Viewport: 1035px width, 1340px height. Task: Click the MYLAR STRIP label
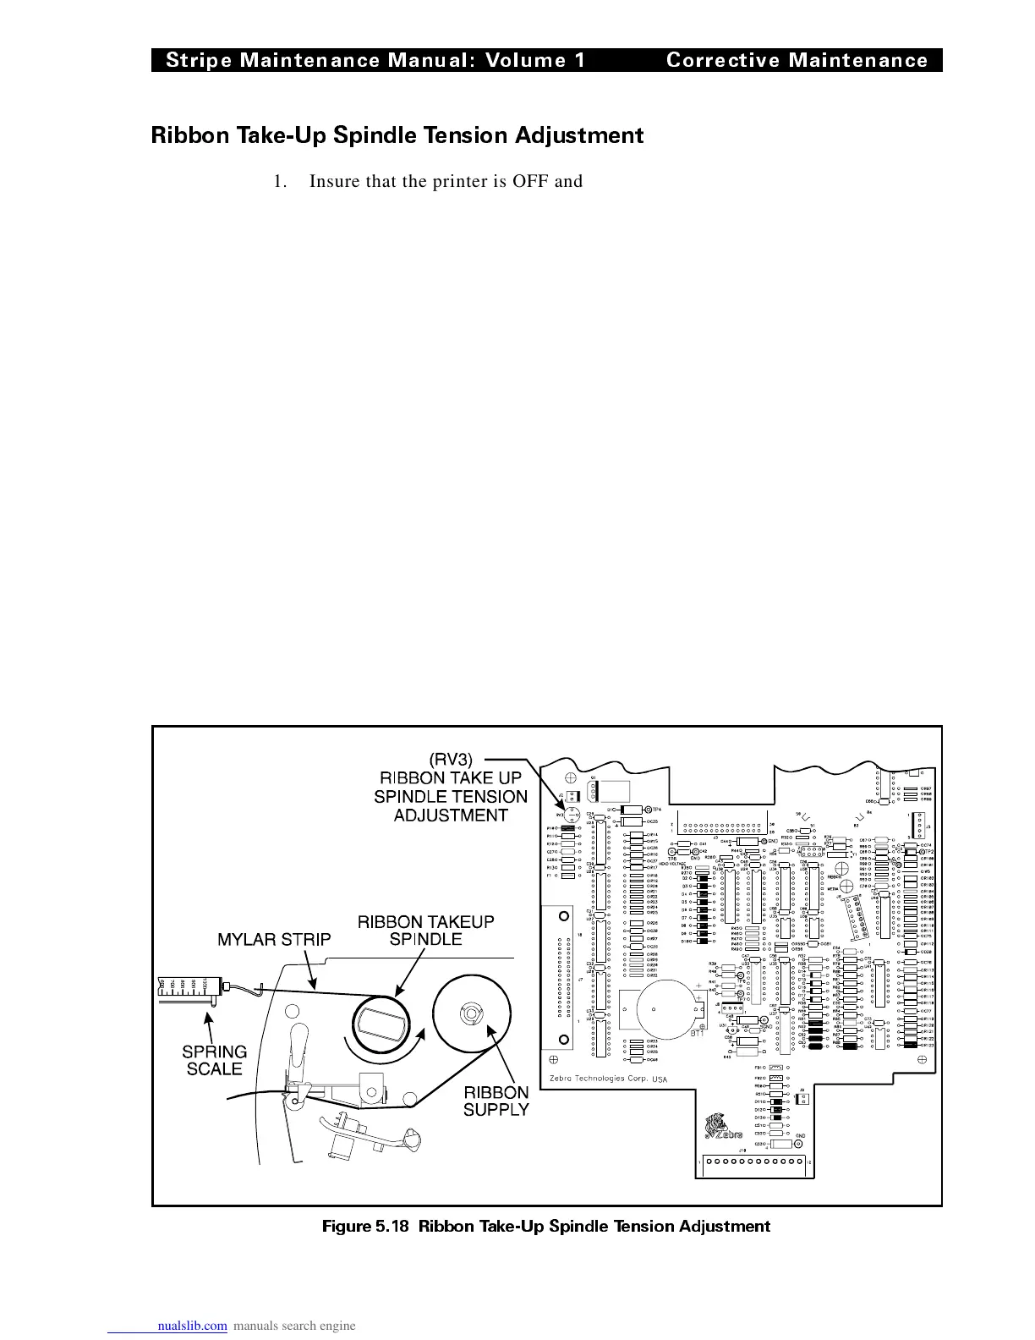click(x=275, y=938)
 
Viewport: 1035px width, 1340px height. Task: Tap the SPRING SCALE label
click(x=215, y=1060)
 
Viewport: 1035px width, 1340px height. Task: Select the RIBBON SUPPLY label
click(x=496, y=1101)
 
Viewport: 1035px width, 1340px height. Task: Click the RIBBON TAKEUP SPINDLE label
click(x=425, y=930)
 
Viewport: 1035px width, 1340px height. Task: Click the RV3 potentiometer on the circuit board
click(x=572, y=816)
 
